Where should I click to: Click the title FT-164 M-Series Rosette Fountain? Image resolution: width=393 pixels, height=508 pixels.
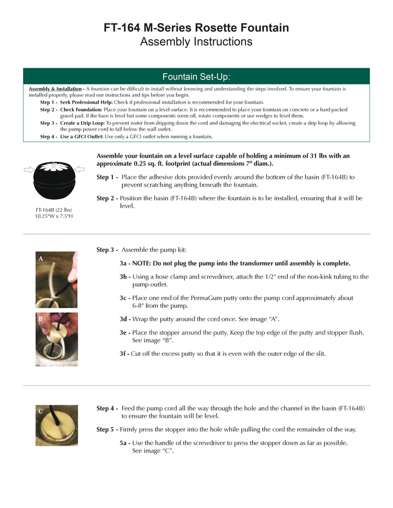[196, 27]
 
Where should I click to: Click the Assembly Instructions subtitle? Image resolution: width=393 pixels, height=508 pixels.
[196, 42]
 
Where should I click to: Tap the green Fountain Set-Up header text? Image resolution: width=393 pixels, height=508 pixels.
[196, 77]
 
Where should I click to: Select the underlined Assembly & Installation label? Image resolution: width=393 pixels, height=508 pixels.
[55, 89]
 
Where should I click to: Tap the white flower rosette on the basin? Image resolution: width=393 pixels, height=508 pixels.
[54, 167]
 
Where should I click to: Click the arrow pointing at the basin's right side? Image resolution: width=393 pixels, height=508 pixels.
[80, 170]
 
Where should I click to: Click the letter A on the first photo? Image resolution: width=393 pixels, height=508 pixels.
[41, 258]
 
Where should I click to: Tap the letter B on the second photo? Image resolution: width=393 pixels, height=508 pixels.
[41, 319]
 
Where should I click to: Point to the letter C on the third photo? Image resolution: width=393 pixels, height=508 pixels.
[41, 411]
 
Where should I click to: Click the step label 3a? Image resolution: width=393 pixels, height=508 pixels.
[125, 263]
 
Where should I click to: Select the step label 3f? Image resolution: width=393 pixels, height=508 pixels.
[124, 354]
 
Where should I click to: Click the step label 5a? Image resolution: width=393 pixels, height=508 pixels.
[125, 443]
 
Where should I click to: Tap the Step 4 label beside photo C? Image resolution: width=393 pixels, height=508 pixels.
[107, 408]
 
